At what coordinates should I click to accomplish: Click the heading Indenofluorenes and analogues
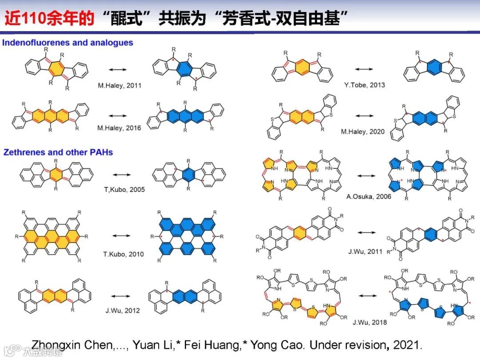pyautogui.click(x=68, y=43)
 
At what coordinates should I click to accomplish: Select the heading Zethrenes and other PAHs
pyautogui.click(x=58, y=152)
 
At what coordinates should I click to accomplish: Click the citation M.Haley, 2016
pyautogui.click(x=119, y=128)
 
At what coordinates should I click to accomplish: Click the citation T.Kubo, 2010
pyautogui.click(x=124, y=254)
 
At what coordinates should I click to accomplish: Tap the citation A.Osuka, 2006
pyautogui.click(x=370, y=197)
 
